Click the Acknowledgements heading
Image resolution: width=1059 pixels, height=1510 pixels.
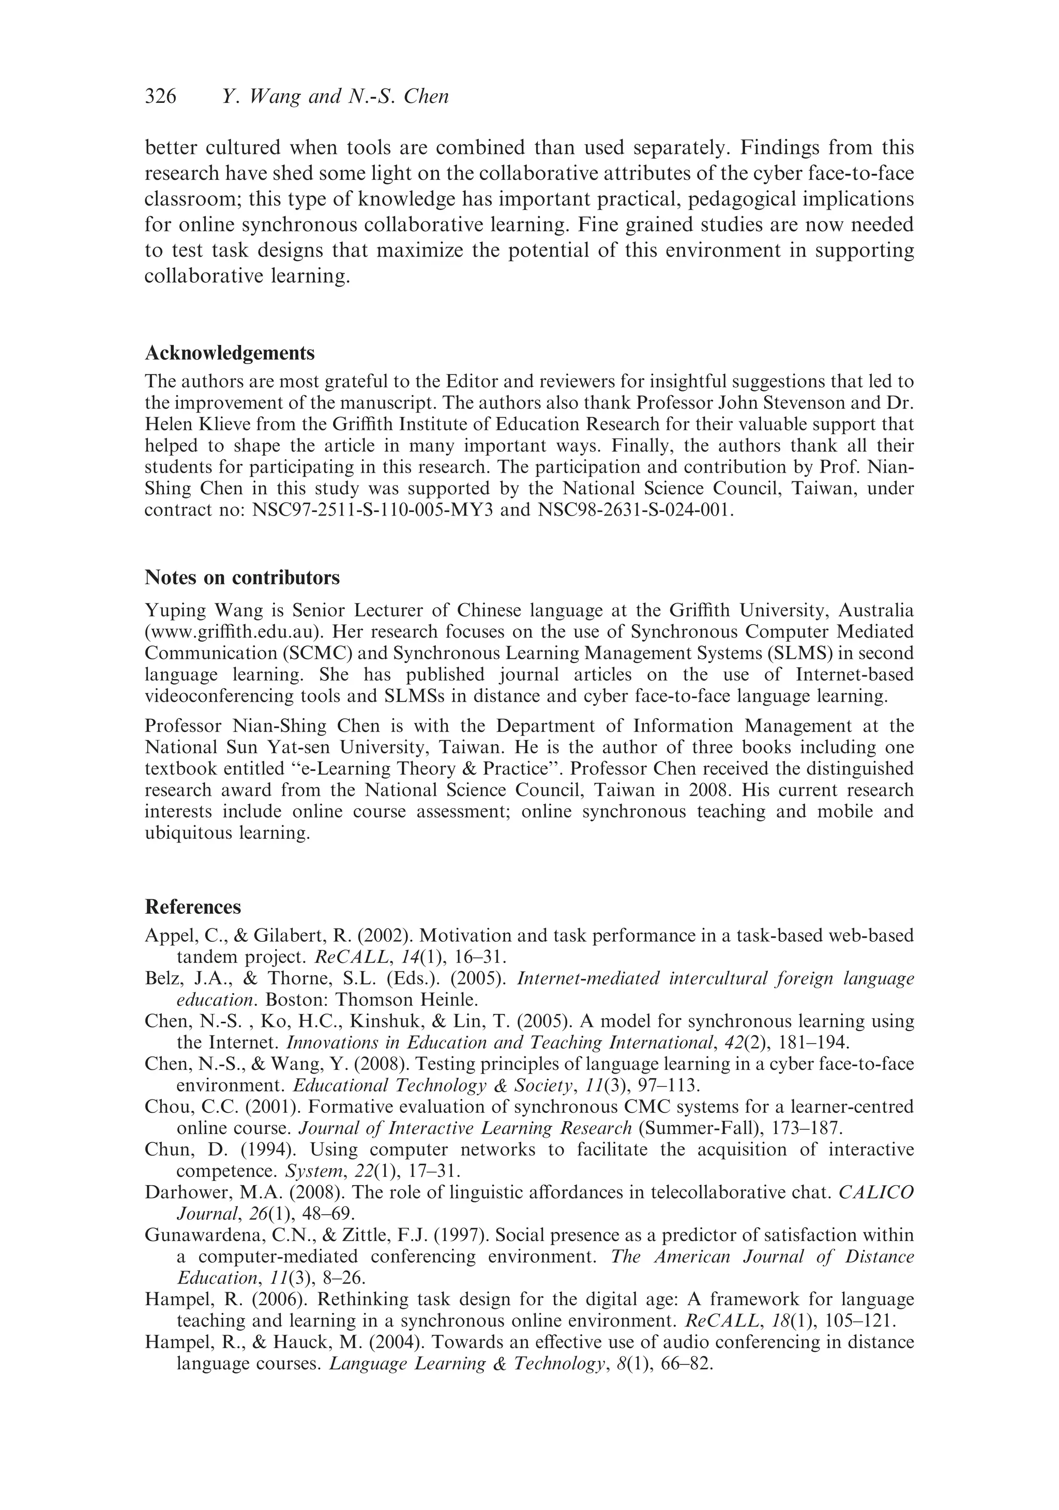pyautogui.click(x=230, y=353)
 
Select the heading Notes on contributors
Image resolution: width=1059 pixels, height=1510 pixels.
pyautogui.click(x=242, y=578)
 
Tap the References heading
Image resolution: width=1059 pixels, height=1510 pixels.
pyautogui.click(x=193, y=907)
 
